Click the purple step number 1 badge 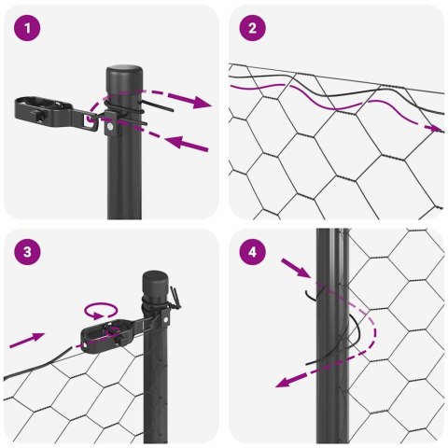click(x=29, y=29)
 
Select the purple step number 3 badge click(x=29, y=253)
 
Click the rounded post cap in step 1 click(x=121, y=75)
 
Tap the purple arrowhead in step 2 click(x=432, y=127)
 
